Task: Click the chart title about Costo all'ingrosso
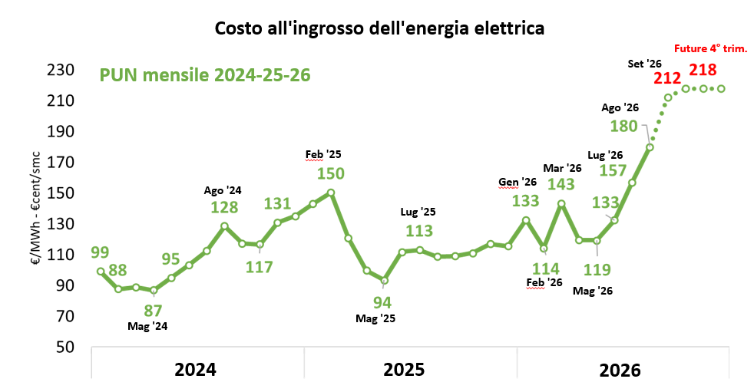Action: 379,28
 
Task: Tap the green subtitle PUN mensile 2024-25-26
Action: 205,75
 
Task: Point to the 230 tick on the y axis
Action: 61,70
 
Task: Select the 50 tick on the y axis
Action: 65,347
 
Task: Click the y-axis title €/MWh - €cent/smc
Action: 36,209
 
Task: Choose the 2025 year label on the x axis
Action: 404,370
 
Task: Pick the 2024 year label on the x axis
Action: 195,370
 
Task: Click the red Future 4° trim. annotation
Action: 711,48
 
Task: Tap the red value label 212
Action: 667,78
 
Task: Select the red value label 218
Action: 703,70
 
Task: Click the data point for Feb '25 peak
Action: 331,193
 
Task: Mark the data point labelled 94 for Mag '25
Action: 384,281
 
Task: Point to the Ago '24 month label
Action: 223,191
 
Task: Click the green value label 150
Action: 331,173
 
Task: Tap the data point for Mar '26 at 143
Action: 561,204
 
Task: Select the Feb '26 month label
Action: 544,282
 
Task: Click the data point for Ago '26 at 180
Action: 650,147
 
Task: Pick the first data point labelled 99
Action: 101,272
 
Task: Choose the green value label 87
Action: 153,311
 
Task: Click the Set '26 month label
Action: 645,64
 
